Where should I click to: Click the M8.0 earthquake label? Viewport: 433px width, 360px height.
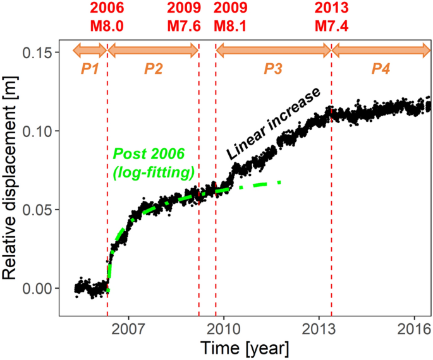pyautogui.click(x=107, y=27)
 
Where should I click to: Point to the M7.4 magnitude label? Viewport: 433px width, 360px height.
pyautogui.click(x=331, y=27)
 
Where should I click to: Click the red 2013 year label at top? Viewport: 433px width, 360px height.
pyautogui.click(x=331, y=9)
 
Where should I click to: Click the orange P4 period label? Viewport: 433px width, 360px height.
pyautogui.click(x=381, y=68)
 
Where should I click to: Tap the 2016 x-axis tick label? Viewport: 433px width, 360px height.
pyautogui.click(x=414, y=328)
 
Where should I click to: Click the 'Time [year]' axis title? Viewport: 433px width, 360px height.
pyautogui.click(x=245, y=348)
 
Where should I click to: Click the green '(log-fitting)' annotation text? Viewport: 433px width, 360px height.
pyautogui.click(x=154, y=172)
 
